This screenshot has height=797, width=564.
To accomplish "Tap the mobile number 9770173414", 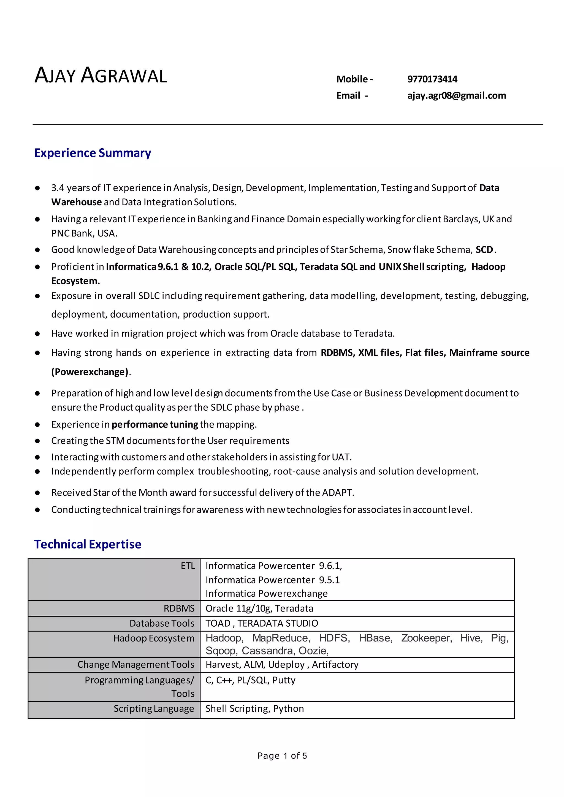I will click(x=432, y=79).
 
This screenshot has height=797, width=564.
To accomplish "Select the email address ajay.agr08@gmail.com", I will click(x=456, y=95).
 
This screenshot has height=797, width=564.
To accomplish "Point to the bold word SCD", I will click(x=484, y=250).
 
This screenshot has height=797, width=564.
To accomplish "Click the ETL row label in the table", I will click(x=188, y=566).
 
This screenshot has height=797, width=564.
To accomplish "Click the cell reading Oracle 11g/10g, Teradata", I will click(x=259, y=608).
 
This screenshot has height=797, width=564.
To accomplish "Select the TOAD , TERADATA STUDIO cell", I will click(x=262, y=623).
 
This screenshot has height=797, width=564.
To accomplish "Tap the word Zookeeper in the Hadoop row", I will click(x=426, y=638).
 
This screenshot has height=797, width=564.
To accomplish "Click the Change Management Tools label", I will click(x=135, y=664).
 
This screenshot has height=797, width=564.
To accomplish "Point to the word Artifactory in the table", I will click(x=335, y=664).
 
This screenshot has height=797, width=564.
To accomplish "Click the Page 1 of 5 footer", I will click(x=282, y=756).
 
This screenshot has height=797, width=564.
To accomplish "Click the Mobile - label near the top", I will click(x=354, y=79).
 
